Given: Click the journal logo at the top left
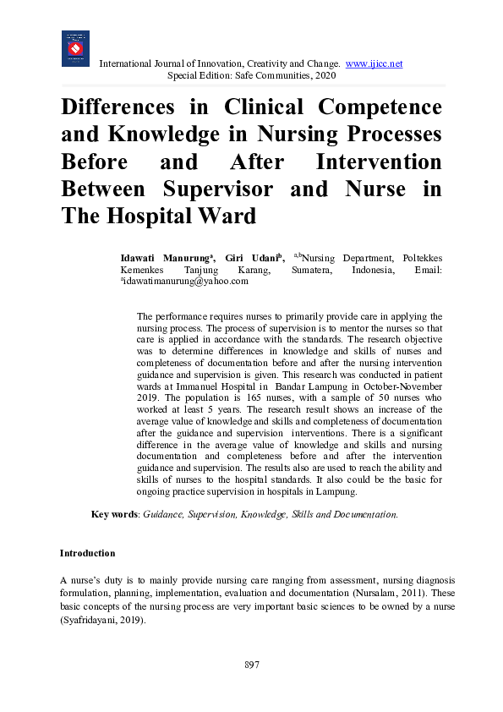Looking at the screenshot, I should click(75, 48).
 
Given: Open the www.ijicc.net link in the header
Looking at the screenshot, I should click(374, 64).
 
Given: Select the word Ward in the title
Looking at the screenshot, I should click(227, 216).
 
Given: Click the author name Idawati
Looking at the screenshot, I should click(142, 258).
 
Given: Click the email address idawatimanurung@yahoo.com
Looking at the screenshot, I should click(179, 282).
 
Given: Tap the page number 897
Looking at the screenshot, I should click(251, 665).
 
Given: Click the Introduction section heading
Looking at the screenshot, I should click(87, 553).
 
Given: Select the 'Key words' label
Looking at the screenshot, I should click(114, 514).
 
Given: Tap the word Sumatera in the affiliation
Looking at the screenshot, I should click(320, 270).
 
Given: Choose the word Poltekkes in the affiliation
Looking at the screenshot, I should click(420, 258).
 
